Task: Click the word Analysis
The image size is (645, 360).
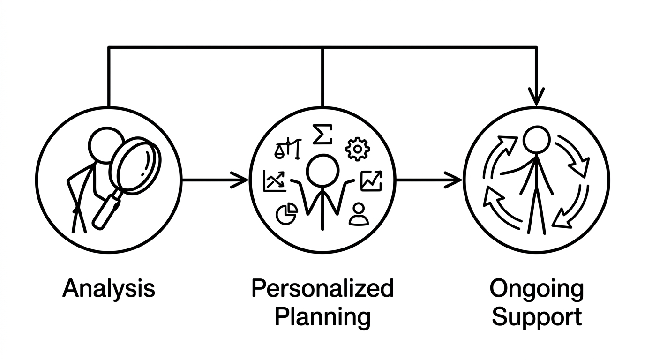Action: (x=109, y=288)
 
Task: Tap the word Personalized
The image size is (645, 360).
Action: (x=322, y=288)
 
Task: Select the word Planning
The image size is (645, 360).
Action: (x=322, y=317)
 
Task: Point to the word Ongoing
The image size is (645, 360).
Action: (x=536, y=289)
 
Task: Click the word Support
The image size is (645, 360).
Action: (x=536, y=317)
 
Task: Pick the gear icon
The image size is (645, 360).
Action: (x=357, y=149)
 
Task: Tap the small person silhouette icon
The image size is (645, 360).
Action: (x=359, y=214)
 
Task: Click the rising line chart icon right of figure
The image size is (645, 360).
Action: (x=371, y=181)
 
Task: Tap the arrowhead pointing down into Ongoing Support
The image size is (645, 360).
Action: (x=536, y=97)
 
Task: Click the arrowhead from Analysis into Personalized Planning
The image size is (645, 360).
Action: (x=240, y=180)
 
